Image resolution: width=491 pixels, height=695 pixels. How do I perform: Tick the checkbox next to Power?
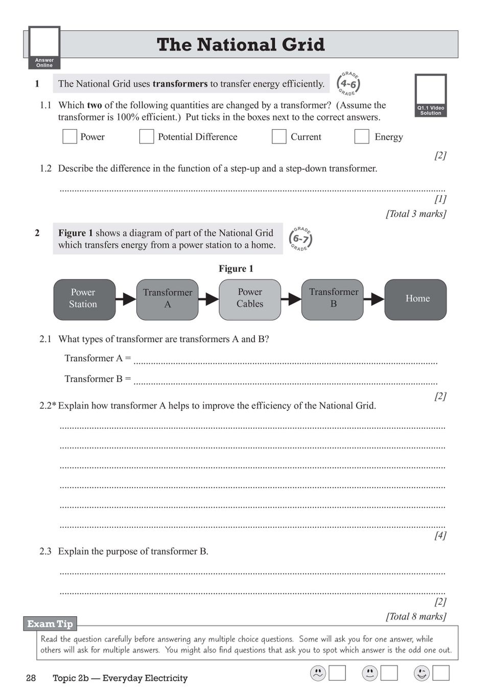[x=69, y=136]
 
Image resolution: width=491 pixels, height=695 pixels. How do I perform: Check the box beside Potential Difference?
[x=147, y=136]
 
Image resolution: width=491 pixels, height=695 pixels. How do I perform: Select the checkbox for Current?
[x=279, y=136]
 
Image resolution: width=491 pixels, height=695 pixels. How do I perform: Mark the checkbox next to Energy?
[x=362, y=136]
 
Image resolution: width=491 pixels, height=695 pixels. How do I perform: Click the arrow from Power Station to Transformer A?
[x=126, y=298]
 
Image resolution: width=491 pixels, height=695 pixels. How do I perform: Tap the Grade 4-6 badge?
[x=348, y=84]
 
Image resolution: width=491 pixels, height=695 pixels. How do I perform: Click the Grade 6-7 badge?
[x=300, y=239]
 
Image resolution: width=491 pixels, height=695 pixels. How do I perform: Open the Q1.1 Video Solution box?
[x=431, y=96]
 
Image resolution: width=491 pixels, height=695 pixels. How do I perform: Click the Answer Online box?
[x=44, y=48]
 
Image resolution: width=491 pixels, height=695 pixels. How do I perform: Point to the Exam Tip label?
[x=50, y=623]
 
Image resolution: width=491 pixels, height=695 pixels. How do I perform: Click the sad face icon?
[x=318, y=673]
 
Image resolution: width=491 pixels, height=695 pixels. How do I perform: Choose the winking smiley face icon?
[x=422, y=673]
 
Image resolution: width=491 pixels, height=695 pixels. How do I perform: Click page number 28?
[x=31, y=678]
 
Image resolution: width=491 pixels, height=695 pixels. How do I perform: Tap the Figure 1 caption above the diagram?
[x=236, y=269]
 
